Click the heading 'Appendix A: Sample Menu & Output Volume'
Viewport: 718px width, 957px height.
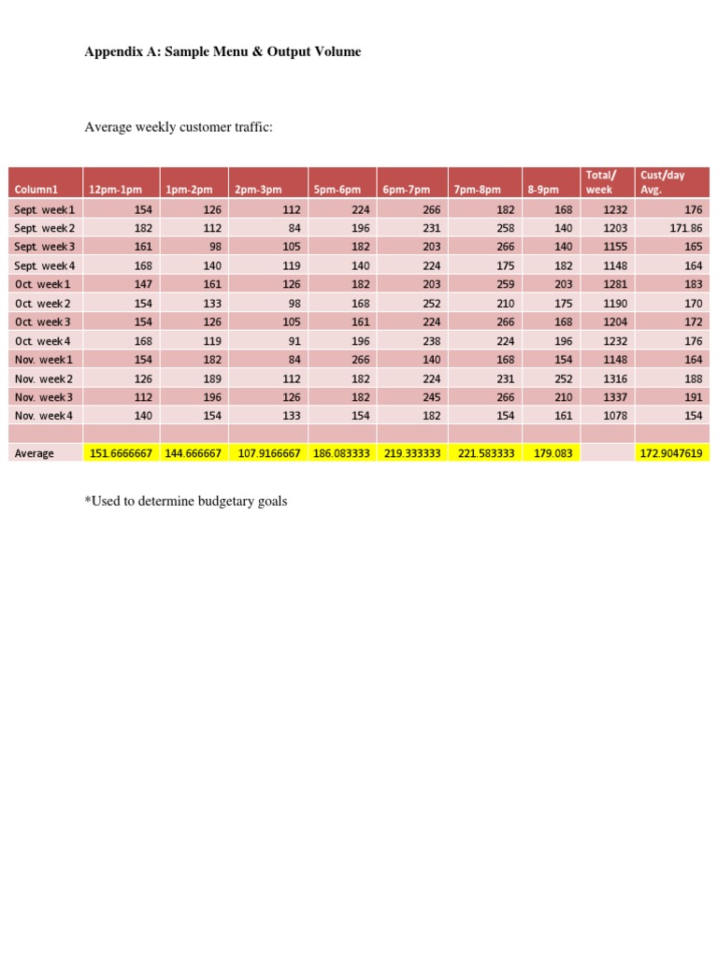tap(223, 52)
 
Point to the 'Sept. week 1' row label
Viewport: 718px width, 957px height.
tap(44, 210)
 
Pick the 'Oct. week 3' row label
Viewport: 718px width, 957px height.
tap(42, 322)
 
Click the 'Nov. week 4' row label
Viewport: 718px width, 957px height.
tap(43, 416)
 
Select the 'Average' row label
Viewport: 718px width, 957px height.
tap(35, 454)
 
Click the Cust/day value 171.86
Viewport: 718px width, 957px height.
tap(685, 229)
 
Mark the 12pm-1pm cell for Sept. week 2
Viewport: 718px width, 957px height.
tap(140, 229)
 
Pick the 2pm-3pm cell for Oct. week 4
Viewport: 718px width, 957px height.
tap(292, 341)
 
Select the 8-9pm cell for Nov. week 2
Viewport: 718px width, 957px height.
tap(562, 379)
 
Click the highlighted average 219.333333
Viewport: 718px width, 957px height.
tap(412, 454)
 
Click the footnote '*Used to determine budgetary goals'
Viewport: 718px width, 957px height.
tap(186, 502)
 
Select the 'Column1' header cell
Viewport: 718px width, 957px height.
tap(36, 190)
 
